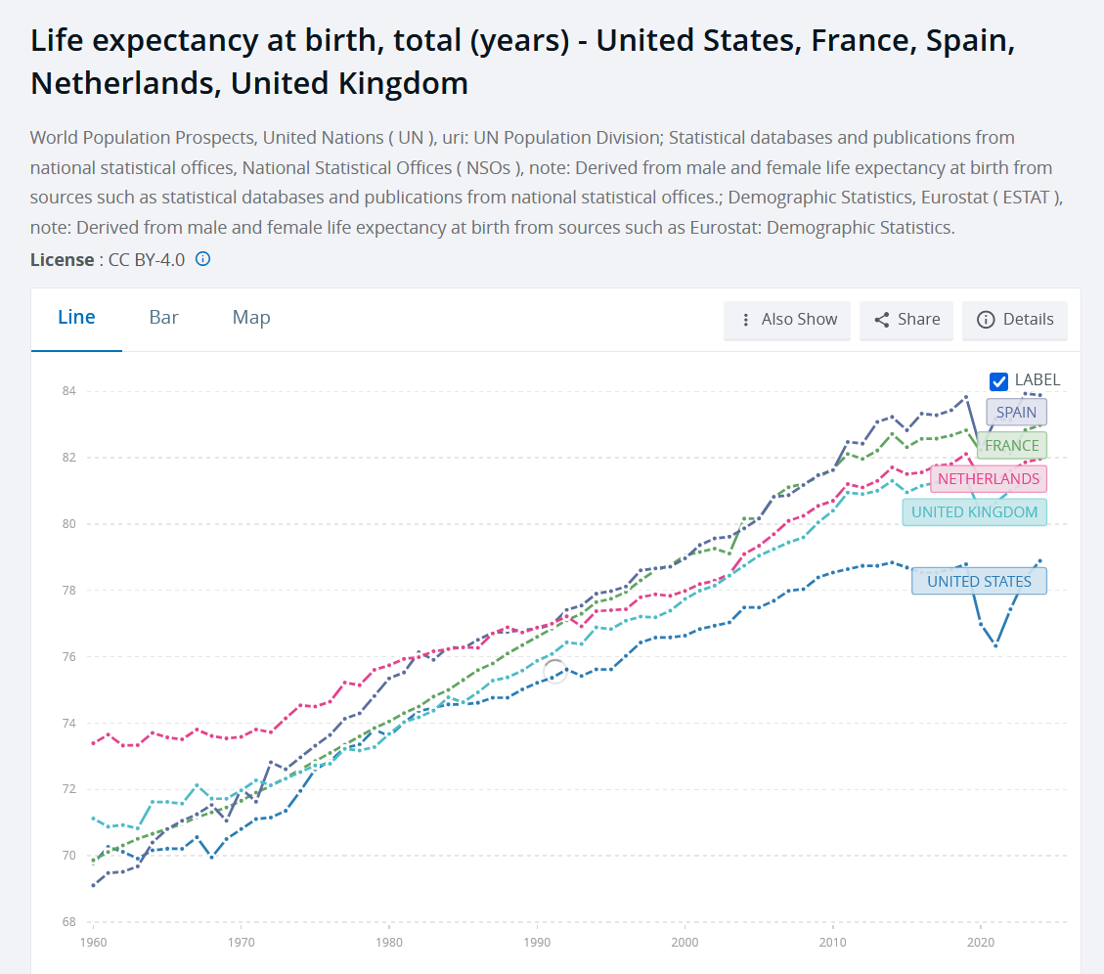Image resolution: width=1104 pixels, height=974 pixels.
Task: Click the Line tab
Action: click(76, 318)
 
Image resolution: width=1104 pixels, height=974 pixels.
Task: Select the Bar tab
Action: click(163, 318)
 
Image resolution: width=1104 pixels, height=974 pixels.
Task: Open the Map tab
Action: click(251, 318)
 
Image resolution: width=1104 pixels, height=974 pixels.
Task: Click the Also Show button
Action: click(786, 320)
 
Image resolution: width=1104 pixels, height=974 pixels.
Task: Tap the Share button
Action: click(906, 320)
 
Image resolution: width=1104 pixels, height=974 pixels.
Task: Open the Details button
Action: click(1015, 320)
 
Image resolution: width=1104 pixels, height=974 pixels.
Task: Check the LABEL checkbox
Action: click(998, 381)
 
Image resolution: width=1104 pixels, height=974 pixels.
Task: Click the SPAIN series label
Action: click(1016, 412)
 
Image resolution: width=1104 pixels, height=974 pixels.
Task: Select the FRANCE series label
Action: click(1012, 445)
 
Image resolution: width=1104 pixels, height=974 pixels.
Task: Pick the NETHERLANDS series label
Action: click(989, 479)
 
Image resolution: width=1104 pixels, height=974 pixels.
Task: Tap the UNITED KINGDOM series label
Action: click(975, 512)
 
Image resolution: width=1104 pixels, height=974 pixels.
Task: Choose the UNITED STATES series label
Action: click(979, 581)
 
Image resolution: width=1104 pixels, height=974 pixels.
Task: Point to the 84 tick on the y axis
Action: click(69, 391)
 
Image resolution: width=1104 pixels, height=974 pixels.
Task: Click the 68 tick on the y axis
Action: click(69, 922)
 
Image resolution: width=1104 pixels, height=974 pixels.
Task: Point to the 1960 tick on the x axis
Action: click(94, 943)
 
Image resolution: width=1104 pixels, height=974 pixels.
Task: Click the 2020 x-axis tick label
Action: click(981, 943)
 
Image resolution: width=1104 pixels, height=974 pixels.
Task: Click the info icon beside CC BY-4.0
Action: click(202, 259)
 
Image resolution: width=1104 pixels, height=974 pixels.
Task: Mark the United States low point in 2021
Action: click(995, 645)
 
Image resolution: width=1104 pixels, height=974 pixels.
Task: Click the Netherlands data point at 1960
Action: click(94, 743)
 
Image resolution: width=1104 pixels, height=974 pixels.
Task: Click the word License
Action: click(62, 260)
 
